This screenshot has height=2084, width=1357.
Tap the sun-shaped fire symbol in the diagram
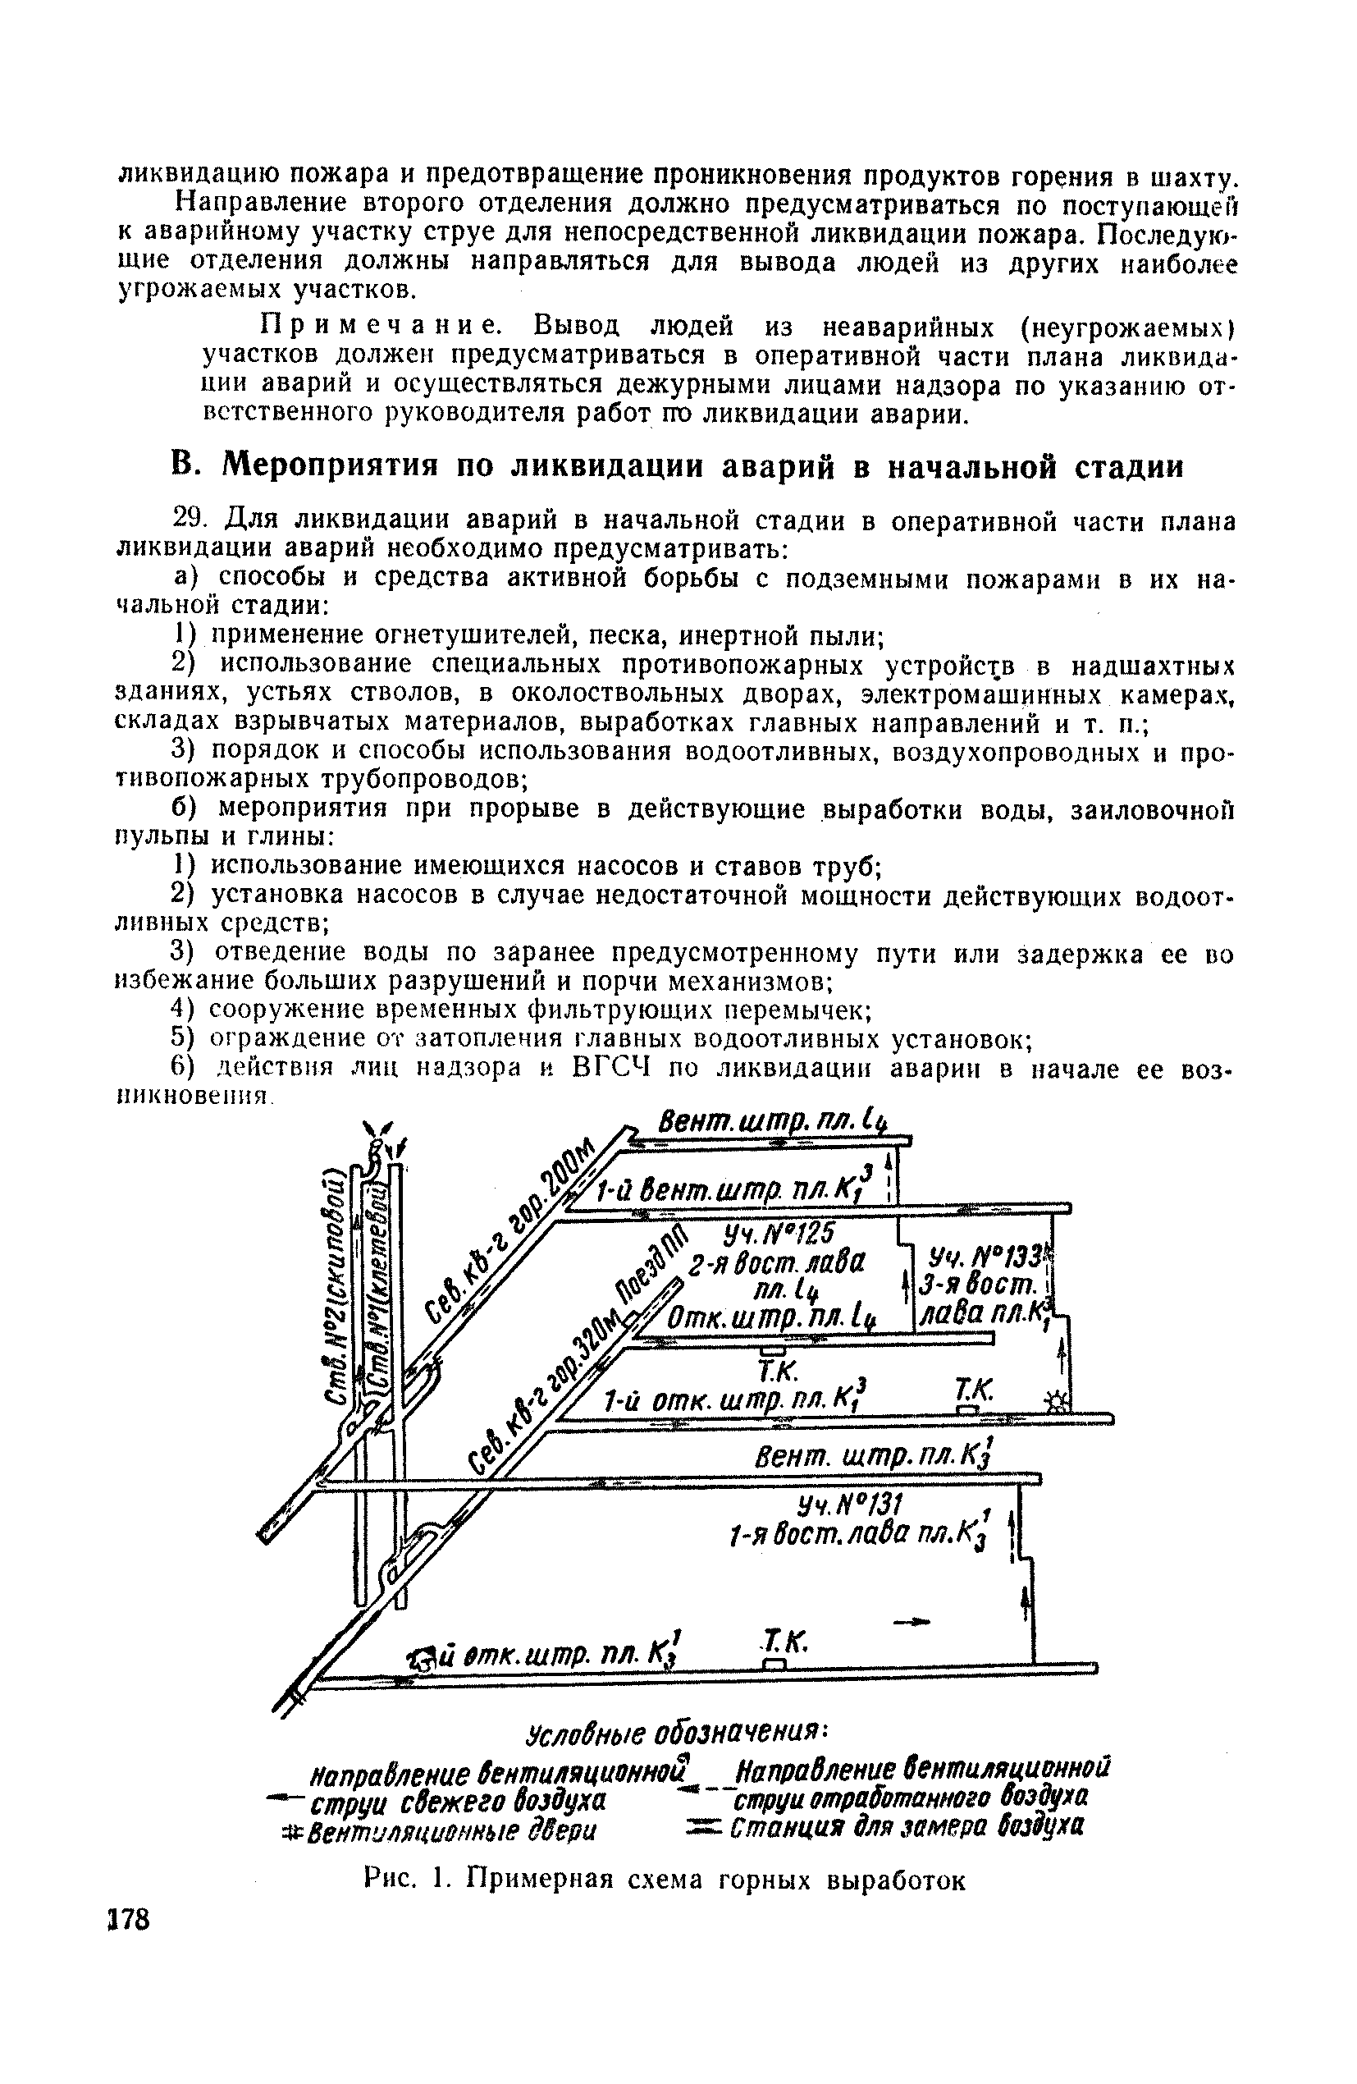(x=1057, y=1403)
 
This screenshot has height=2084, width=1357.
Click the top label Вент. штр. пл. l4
(x=770, y=1123)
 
